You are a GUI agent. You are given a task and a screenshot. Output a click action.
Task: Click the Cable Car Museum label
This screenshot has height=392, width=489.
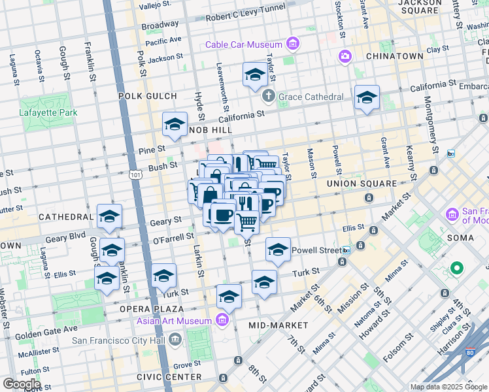pyautogui.click(x=243, y=44)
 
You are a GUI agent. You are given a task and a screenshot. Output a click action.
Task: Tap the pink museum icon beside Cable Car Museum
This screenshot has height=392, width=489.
pyautogui.click(x=292, y=44)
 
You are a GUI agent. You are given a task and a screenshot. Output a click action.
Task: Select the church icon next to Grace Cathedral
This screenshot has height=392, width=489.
pyautogui.click(x=268, y=97)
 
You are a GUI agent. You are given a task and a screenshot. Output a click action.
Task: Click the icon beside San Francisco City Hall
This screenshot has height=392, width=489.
pyautogui.click(x=175, y=339)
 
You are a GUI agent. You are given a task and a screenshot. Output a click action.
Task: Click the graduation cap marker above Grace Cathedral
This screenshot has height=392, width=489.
pyautogui.click(x=254, y=76)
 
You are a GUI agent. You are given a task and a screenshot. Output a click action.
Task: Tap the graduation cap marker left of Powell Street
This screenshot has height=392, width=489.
pyautogui.click(x=278, y=250)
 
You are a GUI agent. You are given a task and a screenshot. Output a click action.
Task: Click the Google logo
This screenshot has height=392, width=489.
pyautogui.click(x=21, y=384)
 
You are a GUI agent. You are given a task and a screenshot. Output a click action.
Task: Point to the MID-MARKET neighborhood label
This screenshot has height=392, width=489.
pyautogui.click(x=278, y=325)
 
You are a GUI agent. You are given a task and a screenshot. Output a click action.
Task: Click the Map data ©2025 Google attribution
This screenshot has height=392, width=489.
pyautogui.click(x=448, y=387)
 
